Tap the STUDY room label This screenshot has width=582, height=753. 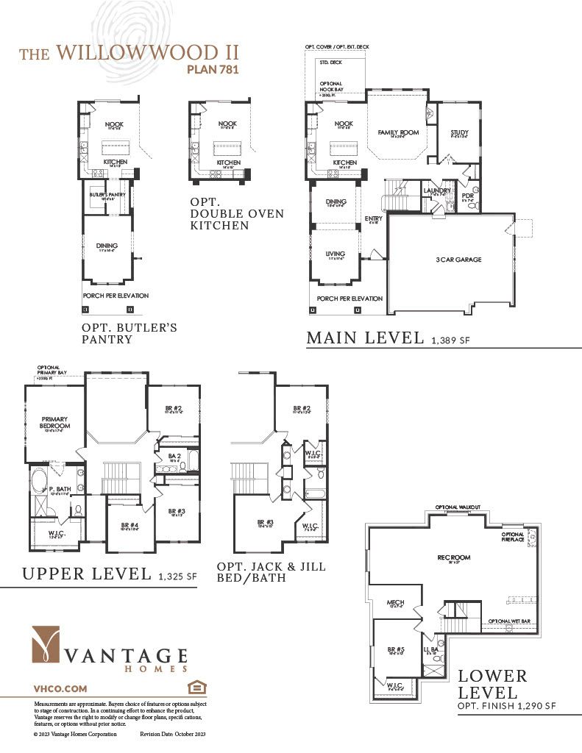[459, 132]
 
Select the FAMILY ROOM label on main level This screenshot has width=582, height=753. [398, 132]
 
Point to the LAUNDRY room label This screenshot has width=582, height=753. [437, 190]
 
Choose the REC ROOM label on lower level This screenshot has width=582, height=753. [453, 557]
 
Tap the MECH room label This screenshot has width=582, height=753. [395, 603]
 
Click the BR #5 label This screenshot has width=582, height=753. [395, 649]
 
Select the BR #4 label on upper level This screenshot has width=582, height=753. [129, 525]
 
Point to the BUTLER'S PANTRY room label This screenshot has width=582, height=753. [105, 193]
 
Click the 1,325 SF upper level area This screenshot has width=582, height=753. [177, 577]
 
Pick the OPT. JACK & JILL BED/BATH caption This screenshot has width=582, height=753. [271, 573]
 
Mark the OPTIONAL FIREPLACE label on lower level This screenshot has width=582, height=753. [513, 538]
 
